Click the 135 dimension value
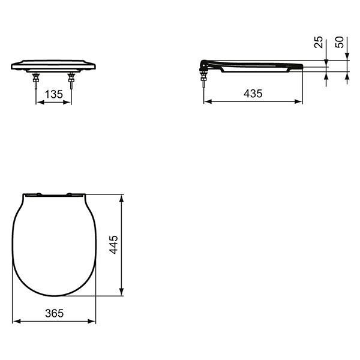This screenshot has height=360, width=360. tap(54, 94)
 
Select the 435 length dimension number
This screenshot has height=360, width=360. tap(253, 94)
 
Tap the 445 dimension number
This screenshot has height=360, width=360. tap(113, 245)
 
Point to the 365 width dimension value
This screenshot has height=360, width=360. tap(55, 313)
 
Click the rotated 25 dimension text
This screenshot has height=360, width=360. tap(319, 42)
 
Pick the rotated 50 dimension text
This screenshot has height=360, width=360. tap(340, 42)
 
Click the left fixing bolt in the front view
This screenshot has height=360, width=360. tap(36, 81)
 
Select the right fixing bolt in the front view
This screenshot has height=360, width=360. tap(71, 81)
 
